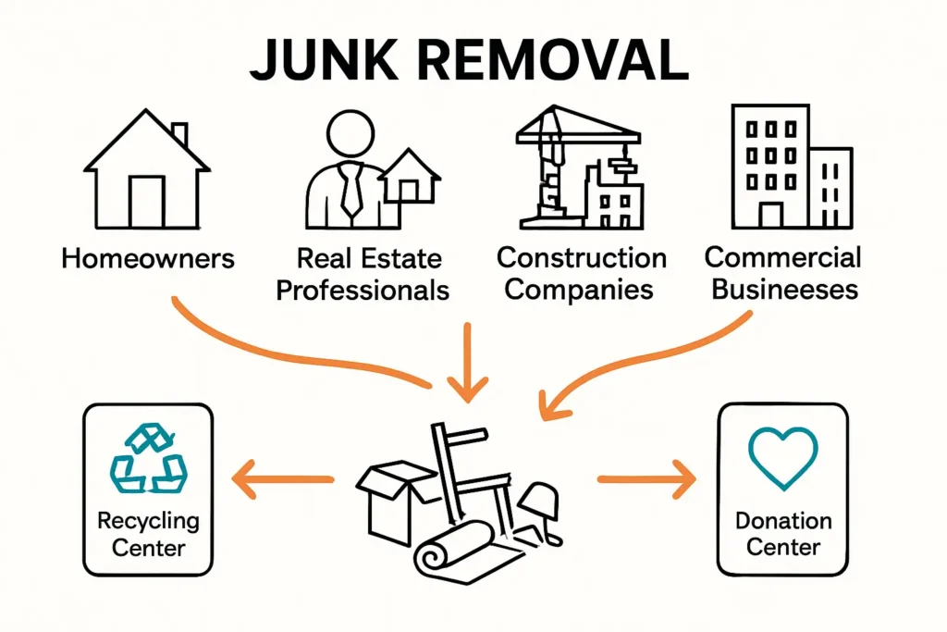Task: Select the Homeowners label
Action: (x=148, y=257)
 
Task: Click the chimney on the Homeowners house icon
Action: (x=178, y=132)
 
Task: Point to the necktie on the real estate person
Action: (x=351, y=190)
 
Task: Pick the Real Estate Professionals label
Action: (x=363, y=274)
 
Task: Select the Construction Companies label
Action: (x=580, y=273)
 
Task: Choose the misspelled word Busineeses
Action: (x=781, y=289)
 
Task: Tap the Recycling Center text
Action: (x=148, y=533)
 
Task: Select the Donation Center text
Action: (x=783, y=534)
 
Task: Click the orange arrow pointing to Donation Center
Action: (x=647, y=479)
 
